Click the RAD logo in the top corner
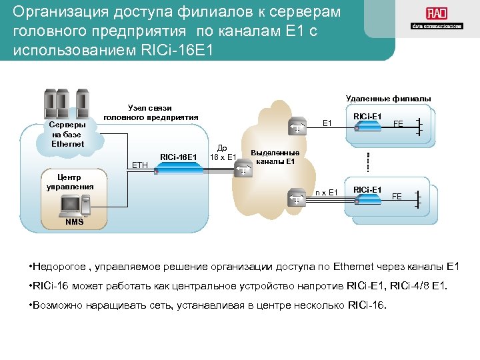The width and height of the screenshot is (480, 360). tap(437, 18)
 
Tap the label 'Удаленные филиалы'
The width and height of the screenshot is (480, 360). tap(389, 99)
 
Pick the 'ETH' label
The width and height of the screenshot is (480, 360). tap(140, 164)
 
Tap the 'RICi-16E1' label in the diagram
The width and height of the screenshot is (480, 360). tap(179, 157)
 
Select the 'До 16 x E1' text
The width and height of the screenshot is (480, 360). tap(223, 153)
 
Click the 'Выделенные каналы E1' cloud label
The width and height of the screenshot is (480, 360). tap(275, 157)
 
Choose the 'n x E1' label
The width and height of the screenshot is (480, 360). tap(327, 193)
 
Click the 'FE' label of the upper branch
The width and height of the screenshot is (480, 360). tap(398, 124)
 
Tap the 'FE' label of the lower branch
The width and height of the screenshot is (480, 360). tap(397, 197)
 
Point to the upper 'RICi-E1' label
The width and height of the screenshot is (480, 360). tap(367, 117)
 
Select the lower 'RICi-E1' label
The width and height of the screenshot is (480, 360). tap(367, 189)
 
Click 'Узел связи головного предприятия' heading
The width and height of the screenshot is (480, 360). tap(151, 112)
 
